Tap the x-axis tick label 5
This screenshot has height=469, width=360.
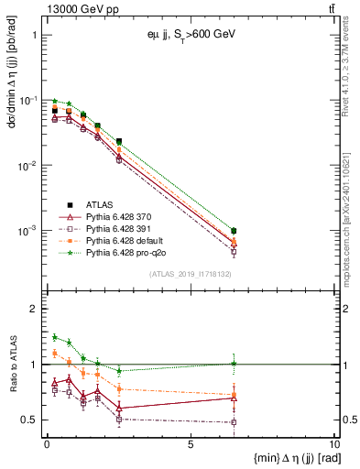pyautogui.click(x=191, y=443)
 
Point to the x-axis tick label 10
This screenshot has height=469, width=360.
pyautogui.click(x=333, y=443)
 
